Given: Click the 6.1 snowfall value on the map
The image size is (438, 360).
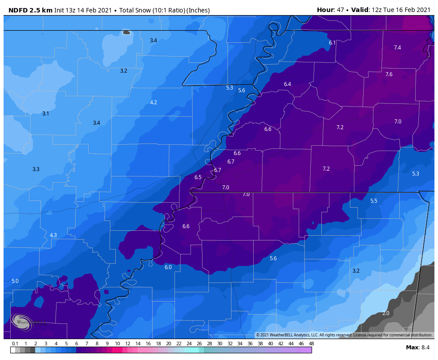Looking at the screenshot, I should tap(332, 43).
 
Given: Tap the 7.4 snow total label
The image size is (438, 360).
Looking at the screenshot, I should tap(397, 48).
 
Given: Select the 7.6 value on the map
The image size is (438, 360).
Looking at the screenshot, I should tap(389, 74).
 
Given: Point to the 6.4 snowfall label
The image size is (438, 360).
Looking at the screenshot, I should tap(288, 84).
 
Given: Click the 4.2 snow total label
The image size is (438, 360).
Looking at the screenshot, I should tap(153, 102).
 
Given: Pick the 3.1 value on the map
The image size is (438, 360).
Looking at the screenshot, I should tap(45, 114).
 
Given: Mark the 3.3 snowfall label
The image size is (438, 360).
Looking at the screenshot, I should tap(36, 169).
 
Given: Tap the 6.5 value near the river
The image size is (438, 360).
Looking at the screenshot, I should tap(198, 177).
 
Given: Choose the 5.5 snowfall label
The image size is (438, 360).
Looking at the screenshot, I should tap(373, 201).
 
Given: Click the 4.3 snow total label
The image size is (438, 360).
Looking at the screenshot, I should tap(53, 235).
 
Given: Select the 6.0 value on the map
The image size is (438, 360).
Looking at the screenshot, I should tap(168, 267).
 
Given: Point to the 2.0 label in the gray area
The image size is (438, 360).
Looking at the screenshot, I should tap(385, 313).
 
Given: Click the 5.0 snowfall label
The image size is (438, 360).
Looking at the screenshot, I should tap(15, 281).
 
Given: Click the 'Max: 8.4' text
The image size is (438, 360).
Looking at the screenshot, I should tap(418, 347).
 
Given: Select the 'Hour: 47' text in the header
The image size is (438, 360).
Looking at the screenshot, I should tap(329, 10).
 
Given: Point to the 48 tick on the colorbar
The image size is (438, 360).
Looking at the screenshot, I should tap(311, 344).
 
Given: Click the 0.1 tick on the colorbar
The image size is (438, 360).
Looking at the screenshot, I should tap(15, 344).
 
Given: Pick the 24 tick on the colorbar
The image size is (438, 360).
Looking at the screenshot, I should tap(189, 344).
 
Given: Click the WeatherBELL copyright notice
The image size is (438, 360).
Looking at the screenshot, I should tap(344, 335).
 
